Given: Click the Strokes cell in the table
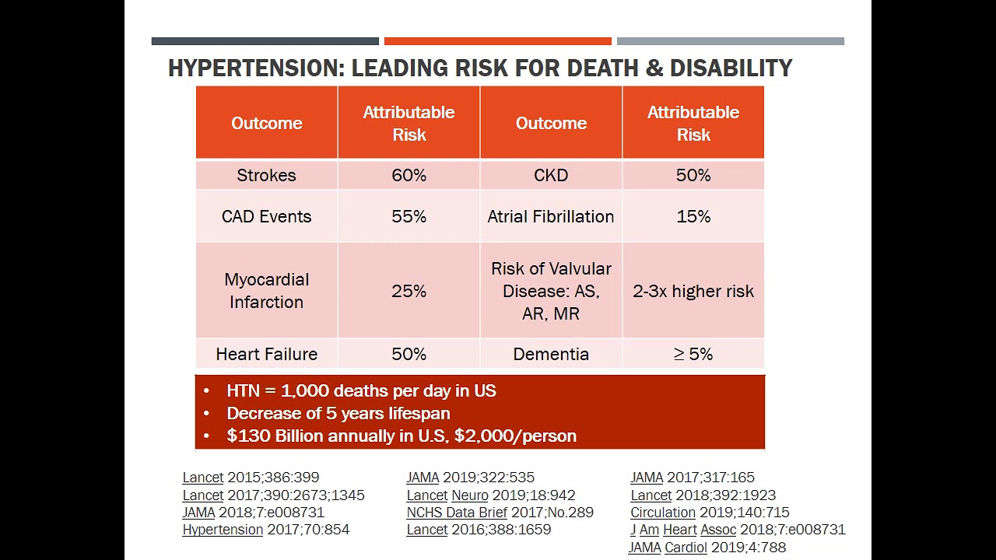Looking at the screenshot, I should [x=266, y=175].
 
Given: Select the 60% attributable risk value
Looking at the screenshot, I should [x=409, y=175].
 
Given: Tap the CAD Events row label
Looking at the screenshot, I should [x=266, y=216].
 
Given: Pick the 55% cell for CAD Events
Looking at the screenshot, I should [x=409, y=216].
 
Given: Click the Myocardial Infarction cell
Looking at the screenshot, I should [x=266, y=290].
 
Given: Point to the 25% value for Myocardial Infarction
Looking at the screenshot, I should [x=409, y=291].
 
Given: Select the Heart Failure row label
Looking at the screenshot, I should [x=266, y=354].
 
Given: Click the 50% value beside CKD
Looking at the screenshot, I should [x=693, y=175].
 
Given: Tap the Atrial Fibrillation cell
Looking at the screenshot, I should [x=550, y=216].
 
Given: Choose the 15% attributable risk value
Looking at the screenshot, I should [x=693, y=216].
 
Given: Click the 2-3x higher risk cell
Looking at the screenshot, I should [x=693, y=291].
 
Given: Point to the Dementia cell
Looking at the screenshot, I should [x=550, y=354].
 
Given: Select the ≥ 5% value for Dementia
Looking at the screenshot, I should [x=693, y=354].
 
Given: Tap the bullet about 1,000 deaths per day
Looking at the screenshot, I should [x=360, y=390].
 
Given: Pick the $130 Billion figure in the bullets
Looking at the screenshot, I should [x=275, y=436].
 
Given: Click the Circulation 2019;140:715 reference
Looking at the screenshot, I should [x=709, y=513].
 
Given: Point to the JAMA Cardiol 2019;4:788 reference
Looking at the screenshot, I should [x=707, y=548].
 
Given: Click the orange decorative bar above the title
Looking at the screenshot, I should [x=497, y=41].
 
